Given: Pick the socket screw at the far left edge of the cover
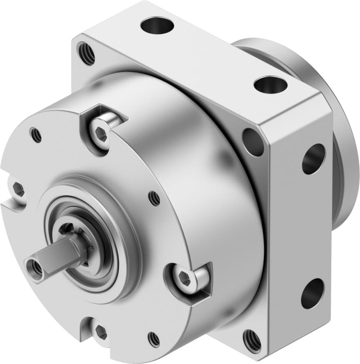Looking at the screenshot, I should coord(18,190).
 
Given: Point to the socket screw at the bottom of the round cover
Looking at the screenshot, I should coord(101,332).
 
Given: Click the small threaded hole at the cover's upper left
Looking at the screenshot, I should coord(36,135).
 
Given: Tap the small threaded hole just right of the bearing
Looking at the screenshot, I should coord(155,199).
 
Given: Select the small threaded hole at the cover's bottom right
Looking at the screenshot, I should coord(154,339).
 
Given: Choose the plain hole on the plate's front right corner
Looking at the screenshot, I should coord(253,142).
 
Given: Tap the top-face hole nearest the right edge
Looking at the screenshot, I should coord(270,85).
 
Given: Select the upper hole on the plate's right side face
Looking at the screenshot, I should coord(313,159).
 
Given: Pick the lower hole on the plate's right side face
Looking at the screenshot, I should coord(312,293).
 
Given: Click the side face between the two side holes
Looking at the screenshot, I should coord(309,227).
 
